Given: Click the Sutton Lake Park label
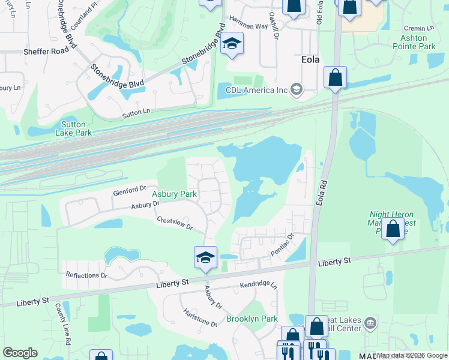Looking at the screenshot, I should [x=73, y=128].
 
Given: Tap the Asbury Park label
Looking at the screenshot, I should [x=174, y=194].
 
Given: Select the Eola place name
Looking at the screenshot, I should [x=309, y=61].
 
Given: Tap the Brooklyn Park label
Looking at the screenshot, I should [x=252, y=319].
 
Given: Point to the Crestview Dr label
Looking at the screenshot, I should [x=174, y=224].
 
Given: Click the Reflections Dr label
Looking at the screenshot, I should [x=86, y=275].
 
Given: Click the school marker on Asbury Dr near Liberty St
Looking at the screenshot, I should [x=205, y=258].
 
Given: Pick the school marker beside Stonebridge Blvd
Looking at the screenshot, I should [x=232, y=44].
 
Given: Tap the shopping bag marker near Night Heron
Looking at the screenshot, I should [x=393, y=229].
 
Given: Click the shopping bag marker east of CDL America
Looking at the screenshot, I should [x=335, y=77].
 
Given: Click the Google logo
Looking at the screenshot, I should [x=20, y=353].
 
